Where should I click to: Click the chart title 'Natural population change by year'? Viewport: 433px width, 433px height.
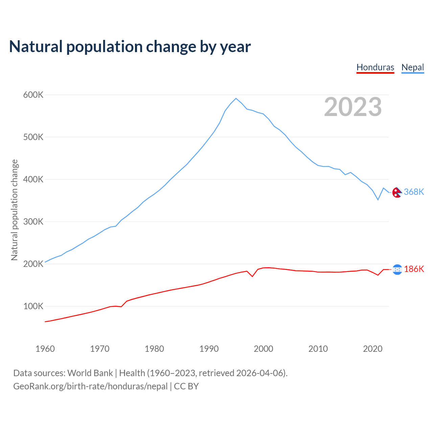(130, 47)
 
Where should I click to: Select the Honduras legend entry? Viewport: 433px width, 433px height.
(375, 67)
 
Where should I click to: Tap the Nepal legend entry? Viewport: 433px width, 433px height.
(412, 67)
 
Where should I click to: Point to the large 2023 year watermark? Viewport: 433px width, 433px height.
(353, 107)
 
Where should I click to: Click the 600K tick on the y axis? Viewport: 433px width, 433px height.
(33, 95)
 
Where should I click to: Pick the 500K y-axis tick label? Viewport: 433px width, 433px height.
(33, 137)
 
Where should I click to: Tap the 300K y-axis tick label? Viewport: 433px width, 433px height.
(33, 222)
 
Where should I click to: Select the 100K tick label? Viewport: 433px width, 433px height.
(33, 306)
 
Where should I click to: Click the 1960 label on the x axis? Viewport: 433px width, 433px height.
(45, 349)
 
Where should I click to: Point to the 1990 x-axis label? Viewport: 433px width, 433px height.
(209, 349)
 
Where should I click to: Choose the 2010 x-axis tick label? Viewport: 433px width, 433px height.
(318, 349)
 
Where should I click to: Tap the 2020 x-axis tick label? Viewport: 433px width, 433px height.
(372, 349)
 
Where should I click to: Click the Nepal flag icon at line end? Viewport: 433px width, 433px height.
(397, 192)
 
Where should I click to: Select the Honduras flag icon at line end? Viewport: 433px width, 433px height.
(397, 270)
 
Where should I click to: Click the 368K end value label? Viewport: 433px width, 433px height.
(414, 192)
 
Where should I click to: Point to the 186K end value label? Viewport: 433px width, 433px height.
(414, 269)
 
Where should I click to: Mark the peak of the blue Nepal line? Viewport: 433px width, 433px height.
(236, 98)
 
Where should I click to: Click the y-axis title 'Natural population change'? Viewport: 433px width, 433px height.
(14, 210)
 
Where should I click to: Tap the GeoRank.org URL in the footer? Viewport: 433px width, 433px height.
(90, 386)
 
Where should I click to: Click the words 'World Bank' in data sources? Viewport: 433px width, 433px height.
(90, 373)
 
